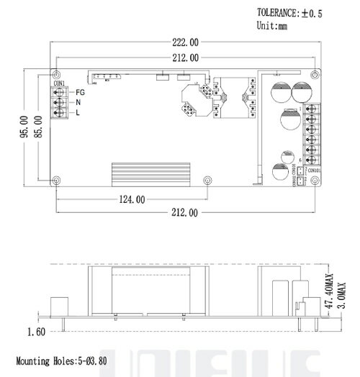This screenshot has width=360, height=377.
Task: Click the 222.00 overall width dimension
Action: click(185, 44)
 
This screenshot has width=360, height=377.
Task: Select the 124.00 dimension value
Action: click(131, 199)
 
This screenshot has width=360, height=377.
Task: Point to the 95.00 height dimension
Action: click(24, 127)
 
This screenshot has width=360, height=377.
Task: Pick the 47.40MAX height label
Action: click(329, 291)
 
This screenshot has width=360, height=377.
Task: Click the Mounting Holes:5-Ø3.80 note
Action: click(61, 360)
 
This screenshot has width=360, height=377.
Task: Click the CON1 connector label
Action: click(60, 84)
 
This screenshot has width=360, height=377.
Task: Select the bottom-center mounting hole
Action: click(207, 180)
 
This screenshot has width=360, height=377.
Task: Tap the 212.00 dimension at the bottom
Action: click(185, 213)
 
